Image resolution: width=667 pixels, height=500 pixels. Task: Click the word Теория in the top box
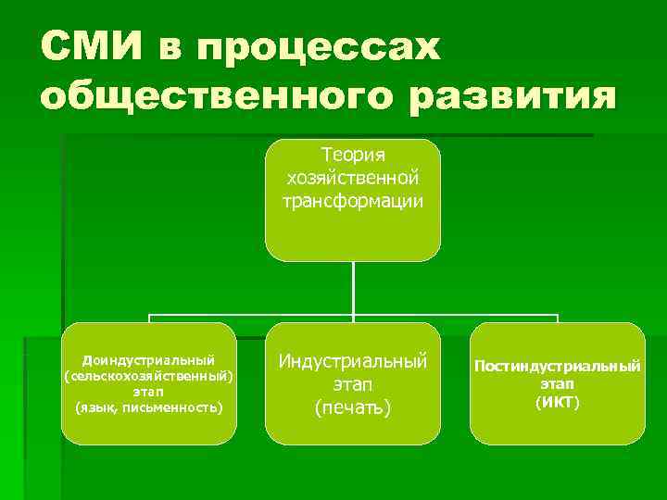click(x=353, y=154)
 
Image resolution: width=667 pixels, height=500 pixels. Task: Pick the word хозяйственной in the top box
click(x=353, y=177)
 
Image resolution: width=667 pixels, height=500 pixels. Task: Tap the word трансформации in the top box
click(x=353, y=200)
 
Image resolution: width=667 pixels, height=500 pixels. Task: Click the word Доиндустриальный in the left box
click(x=148, y=359)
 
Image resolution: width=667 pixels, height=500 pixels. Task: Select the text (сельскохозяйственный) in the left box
click(x=148, y=375)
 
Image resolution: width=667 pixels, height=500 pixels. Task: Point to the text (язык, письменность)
click(x=148, y=407)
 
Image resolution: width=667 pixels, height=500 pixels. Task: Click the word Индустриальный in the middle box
click(x=353, y=360)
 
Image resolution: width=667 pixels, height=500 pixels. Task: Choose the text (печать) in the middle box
click(x=353, y=407)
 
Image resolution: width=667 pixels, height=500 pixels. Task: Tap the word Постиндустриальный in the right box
click(x=557, y=367)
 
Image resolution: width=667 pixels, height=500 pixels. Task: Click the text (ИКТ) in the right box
click(x=557, y=401)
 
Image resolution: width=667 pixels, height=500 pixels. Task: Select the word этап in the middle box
click(x=353, y=383)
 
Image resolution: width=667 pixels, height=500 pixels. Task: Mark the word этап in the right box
click(x=557, y=383)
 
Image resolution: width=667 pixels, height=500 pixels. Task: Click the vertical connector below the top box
click(x=353, y=287)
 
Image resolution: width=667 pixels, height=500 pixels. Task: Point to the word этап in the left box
click(x=148, y=392)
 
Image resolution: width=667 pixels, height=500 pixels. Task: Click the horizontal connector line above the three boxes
click(x=250, y=315)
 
